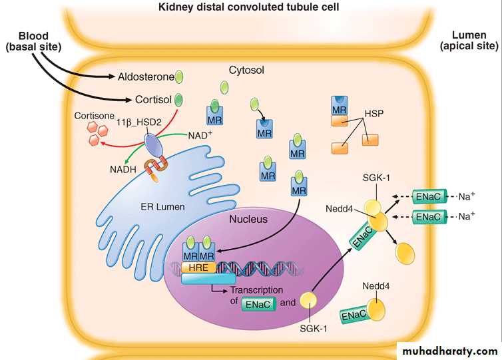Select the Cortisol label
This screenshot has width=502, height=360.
[x=153, y=100]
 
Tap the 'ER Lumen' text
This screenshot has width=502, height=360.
[x=162, y=207]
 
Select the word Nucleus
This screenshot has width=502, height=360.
[x=248, y=219]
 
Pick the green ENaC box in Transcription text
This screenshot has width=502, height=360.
[x=256, y=304]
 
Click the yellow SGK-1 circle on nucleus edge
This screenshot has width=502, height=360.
[x=308, y=301]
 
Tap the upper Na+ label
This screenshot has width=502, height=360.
[x=465, y=196]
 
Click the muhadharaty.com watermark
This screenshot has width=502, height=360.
[x=448, y=350]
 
